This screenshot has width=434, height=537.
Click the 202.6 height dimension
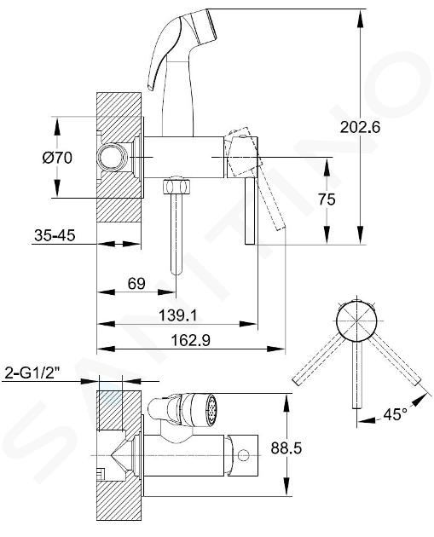click(360, 127)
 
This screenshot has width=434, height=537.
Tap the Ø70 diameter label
click(57, 158)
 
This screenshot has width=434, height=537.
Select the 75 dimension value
click(327, 199)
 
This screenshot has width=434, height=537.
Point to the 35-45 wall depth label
click(55, 235)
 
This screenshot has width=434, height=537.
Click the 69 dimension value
click(136, 284)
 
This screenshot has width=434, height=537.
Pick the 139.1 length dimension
click(178, 315)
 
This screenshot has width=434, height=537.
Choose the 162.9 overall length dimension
click(190, 340)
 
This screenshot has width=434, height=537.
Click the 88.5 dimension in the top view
click(286, 447)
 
